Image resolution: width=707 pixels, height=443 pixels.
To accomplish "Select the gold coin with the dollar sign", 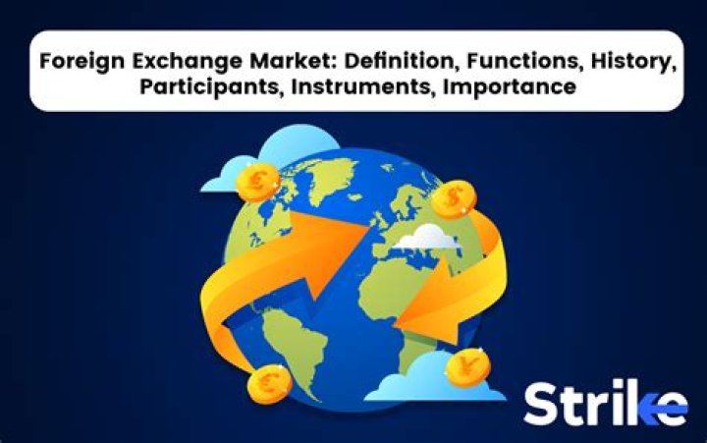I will pyautogui.click(x=453, y=201).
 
